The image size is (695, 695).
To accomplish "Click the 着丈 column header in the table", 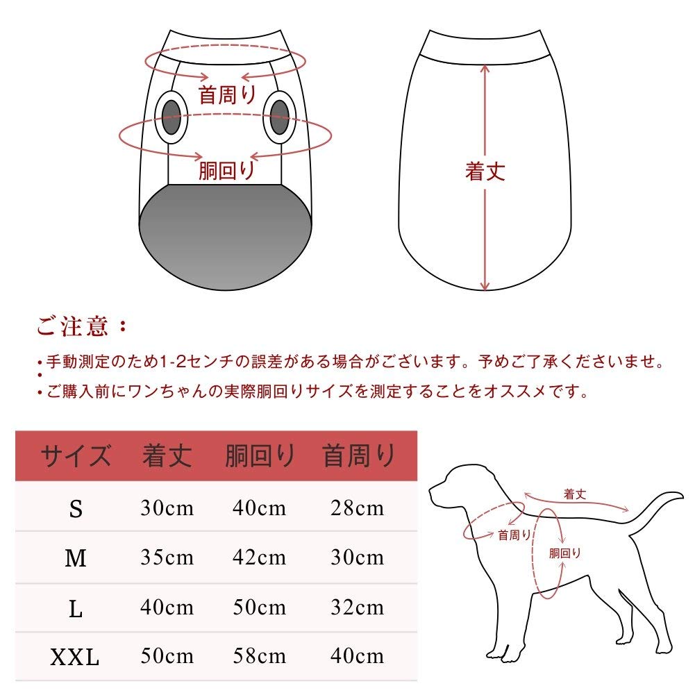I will point(167,456).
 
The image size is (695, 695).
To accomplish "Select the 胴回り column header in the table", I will point(260,456).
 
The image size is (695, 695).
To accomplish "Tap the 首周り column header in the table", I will point(358,456).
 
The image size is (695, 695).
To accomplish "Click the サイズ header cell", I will point(76,456).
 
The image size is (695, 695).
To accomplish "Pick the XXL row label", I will point(75,657).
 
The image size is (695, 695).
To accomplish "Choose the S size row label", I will point(76,509).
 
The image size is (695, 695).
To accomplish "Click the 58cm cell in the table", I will point(259,655).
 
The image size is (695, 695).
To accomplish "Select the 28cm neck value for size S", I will point(357,508).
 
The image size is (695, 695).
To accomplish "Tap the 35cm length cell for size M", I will point(167,558).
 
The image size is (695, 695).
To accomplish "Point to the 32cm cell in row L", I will point(357,608).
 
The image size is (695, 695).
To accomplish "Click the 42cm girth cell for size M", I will point(259,558).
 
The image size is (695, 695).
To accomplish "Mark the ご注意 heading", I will point(83,326).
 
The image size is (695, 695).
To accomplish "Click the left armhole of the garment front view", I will point(171,117).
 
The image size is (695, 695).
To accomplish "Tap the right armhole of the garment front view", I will point(279,117).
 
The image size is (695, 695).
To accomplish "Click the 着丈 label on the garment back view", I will point(485,171).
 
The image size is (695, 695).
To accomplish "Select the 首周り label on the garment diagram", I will point(227,94).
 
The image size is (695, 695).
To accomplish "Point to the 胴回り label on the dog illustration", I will point(564,553).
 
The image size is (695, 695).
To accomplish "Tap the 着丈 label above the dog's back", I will point(575,494).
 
